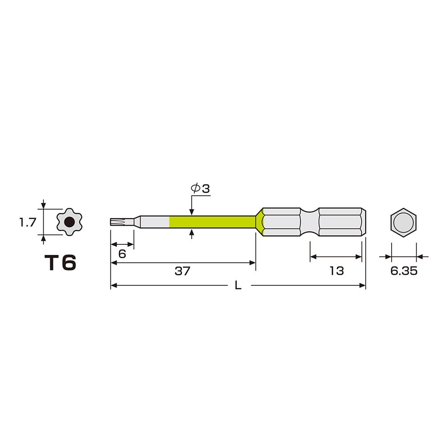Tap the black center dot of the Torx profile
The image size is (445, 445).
(69, 222)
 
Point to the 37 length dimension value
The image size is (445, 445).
(182, 271)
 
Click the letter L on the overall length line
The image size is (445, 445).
(238, 286)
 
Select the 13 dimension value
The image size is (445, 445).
(336, 271)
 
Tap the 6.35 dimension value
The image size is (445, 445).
(404, 271)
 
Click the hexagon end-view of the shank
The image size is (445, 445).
(404, 222)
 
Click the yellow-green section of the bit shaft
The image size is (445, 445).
(211, 222)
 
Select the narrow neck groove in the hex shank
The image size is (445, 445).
(310, 222)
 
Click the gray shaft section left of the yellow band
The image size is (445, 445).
(154, 222)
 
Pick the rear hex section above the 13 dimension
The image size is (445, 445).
(340, 222)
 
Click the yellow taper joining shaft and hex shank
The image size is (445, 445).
(259, 222)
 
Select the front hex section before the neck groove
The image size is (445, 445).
(281, 222)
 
